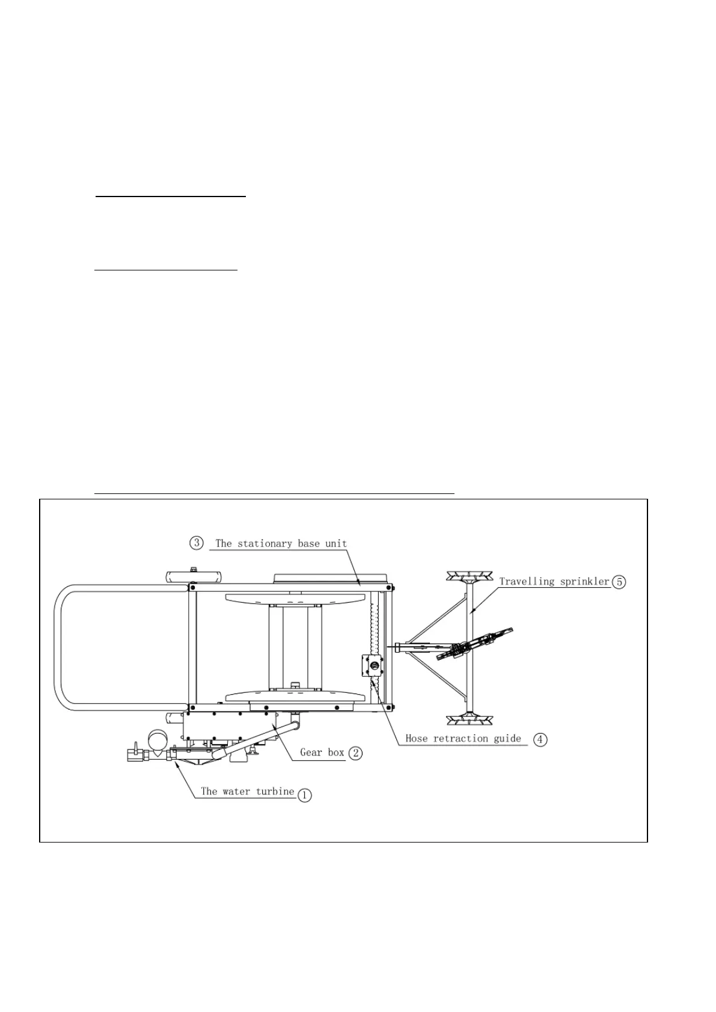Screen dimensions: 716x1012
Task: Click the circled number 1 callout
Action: [305, 795]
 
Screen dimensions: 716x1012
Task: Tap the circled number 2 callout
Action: [355, 752]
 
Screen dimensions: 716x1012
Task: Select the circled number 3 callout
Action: [197, 543]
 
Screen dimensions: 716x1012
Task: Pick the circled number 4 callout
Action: [540, 740]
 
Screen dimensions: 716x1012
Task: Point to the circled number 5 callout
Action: [619, 582]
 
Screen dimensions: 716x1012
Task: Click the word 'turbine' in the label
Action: [275, 791]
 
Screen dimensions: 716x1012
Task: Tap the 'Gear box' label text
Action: [322, 752]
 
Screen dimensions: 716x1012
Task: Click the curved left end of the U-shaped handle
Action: [58, 647]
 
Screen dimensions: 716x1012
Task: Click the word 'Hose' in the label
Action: [416, 738]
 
